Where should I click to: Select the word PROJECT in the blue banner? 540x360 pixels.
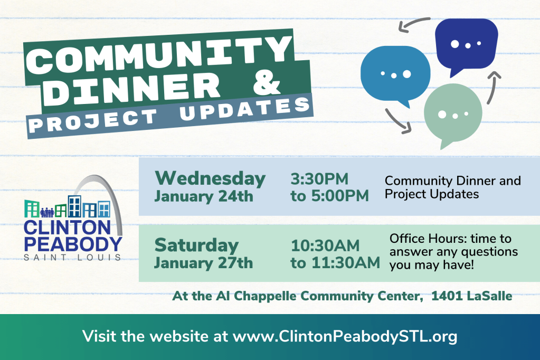[95, 120]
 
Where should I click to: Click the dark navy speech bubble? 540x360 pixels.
[466, 42]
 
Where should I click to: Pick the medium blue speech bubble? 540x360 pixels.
[395, 73]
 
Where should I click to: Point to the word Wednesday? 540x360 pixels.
[210, 178]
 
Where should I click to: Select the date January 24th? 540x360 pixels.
[203, 197]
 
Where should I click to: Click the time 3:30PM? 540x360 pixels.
[319, 179]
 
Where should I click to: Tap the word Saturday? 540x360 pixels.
[196, 245]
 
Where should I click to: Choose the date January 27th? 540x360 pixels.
[203, 263]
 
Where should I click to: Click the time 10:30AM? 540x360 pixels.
[325, 245]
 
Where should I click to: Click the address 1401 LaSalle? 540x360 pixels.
[471, 296]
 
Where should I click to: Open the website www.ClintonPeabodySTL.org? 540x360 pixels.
[345, 336]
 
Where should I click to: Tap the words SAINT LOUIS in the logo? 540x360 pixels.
[72, 257]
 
